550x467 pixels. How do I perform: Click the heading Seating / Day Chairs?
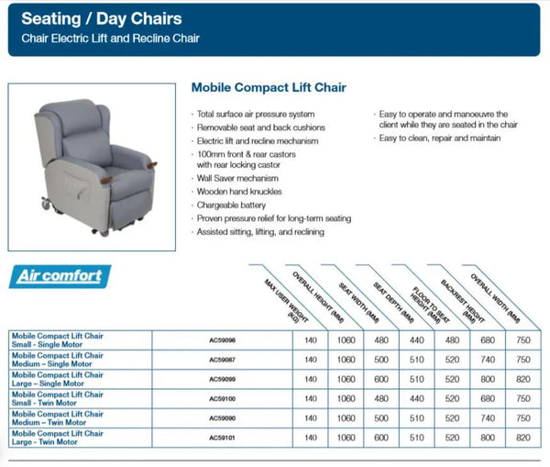click(101, 18)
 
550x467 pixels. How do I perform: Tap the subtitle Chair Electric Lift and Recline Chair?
click(111, 38)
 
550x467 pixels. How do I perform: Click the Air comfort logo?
click(61, 275)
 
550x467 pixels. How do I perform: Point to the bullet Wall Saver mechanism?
click(237, 178)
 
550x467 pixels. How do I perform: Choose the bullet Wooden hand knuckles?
click(239, 192)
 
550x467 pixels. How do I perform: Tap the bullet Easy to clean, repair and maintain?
click(439, 138)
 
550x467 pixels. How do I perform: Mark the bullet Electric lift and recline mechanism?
click(258, 140)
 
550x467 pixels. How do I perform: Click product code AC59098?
click(224, 339)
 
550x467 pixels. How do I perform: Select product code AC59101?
click(224, 439)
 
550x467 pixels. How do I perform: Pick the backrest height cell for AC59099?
click(486, 378)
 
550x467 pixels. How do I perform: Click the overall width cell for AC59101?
click(523, 439)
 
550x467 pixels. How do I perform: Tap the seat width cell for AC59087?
click(380, 359)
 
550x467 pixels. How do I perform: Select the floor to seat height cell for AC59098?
click(452, 339)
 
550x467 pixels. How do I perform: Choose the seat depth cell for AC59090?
click(416, 418)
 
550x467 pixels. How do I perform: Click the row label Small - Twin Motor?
click(57, 398)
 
